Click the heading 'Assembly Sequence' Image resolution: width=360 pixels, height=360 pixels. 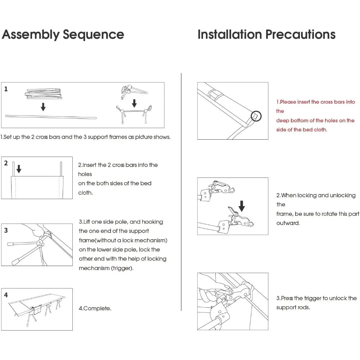(63, 35)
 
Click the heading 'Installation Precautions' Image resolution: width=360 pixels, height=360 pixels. (266, 35)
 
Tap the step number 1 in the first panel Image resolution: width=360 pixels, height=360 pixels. (6, 89)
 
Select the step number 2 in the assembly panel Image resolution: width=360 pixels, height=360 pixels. (6, 163)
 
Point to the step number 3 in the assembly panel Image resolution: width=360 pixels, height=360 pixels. (6, 230)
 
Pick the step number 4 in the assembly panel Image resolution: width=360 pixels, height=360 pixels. (6, 295)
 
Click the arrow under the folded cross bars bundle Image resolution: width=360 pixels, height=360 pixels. (43, 107)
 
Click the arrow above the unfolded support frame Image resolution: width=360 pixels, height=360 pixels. (134, 104)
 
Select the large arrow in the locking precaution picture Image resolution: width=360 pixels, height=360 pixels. (242, 206)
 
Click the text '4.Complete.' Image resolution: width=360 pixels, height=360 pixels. (95, 309)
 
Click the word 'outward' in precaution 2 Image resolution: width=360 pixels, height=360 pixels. (288, 223)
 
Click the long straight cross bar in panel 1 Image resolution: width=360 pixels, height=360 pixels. (51, 117)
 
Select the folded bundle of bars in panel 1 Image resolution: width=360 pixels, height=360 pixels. (43, 94)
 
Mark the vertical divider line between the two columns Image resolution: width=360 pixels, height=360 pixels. (181, 191)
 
